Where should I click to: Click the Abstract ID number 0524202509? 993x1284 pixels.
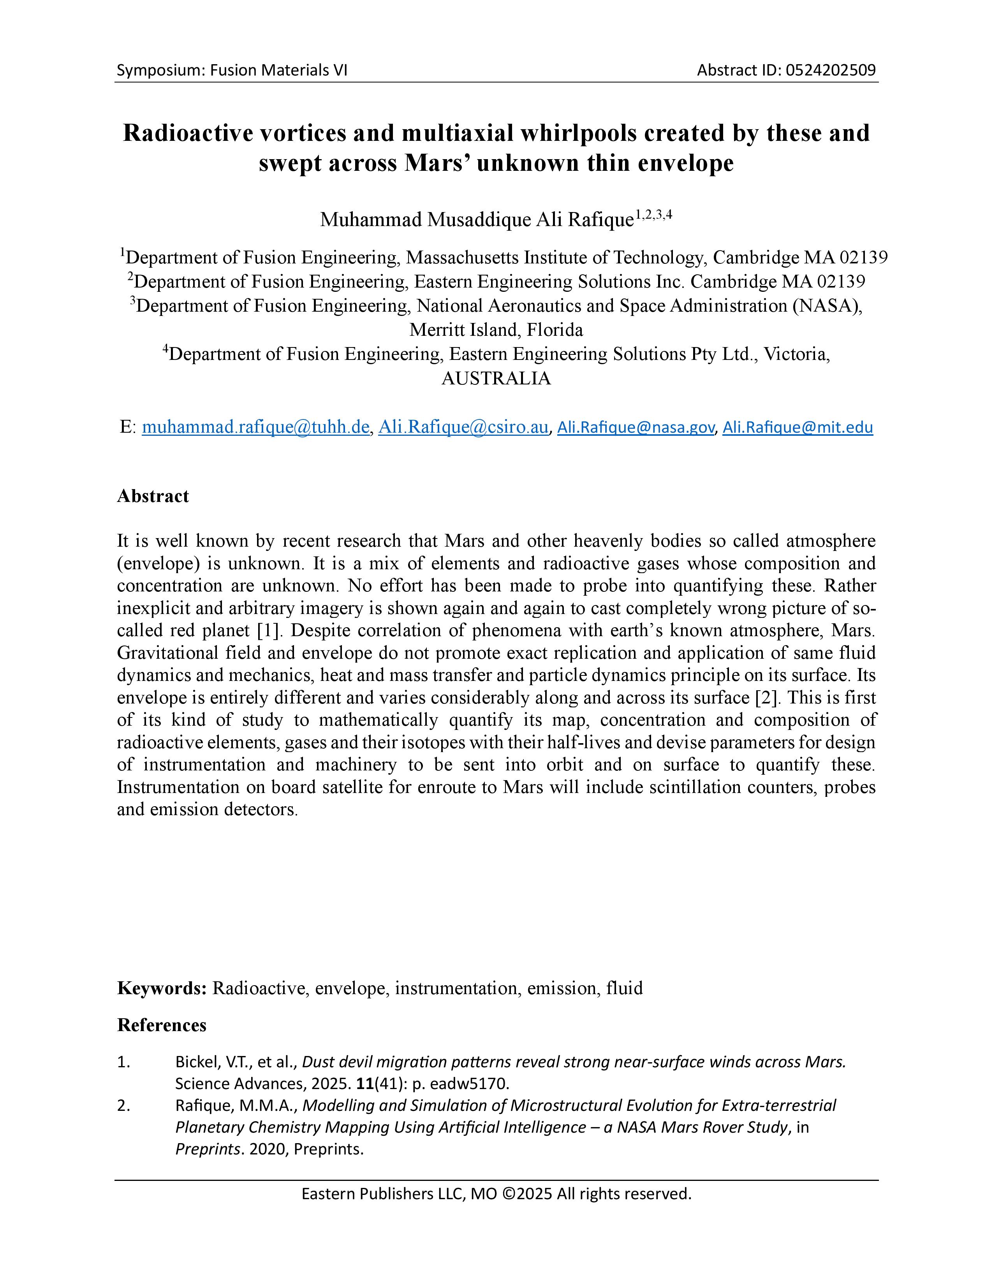coord(831,70)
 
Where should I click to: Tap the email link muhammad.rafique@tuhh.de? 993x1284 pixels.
coord(256,427)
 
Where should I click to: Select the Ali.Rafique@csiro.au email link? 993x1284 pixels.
coord(463,427)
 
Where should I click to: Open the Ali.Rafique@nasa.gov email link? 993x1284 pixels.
coord(636,427)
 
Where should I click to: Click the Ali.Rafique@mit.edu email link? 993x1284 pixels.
coord(797,427)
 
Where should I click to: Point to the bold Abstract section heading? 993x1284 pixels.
coord(153,496)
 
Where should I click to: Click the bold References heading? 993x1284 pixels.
coord(162,1025)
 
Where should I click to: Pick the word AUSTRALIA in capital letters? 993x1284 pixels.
coord(496,378)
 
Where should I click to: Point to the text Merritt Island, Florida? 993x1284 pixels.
coord(496,330)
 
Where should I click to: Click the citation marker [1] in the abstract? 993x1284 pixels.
coord(270,630)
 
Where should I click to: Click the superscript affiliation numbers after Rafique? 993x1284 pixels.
coord(653,215)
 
